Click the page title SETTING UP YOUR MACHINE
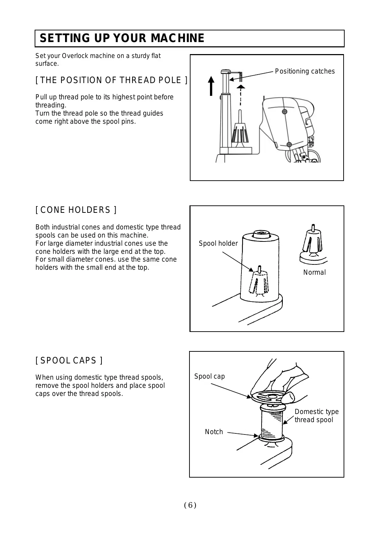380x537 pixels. click(x=122, y=38)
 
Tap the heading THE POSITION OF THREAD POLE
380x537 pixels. click(x=111, y=80)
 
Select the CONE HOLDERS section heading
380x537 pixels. click(x=76, y=210)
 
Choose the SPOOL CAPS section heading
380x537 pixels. click(x=69, y=361)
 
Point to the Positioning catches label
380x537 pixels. click(x=305, y=71)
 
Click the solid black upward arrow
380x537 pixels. click(x=211, y=86)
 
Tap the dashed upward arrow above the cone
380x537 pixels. click(x=240, y=95)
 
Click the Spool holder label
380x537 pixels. click(x=218, y=244)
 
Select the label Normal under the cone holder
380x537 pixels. click(x=314, y=273)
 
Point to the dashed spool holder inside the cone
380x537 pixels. click(x=259, y=282)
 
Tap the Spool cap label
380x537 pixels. click(x=209, y=377)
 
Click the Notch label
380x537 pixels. click(x=214, y=432)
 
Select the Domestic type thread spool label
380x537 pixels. click(x=316, y=416)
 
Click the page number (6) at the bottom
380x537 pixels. click(x=190, y=505)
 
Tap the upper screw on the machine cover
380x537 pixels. click(x=285, y=112)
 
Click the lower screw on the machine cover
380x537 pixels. click(x=289, y=144)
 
